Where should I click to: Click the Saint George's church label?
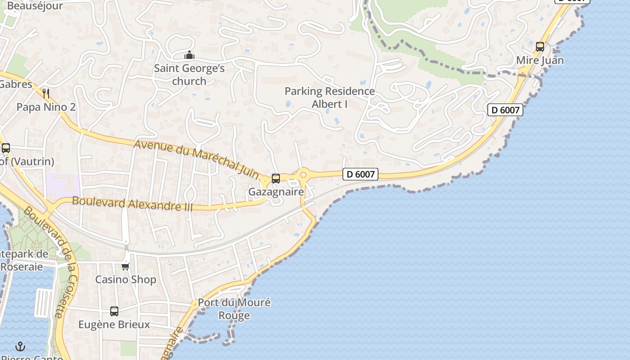coord(189,75)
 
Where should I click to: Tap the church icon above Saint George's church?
coord(189,55)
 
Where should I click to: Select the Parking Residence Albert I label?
coord(330,98)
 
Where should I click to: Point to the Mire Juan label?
coord(540,60)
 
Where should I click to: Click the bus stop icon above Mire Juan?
coord(540,46)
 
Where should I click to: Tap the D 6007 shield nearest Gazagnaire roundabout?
coord(360,174)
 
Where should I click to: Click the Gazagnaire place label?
coord(276,192)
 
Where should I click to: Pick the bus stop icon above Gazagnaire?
coord(276,178)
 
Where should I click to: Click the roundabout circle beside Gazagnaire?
coord(303,175)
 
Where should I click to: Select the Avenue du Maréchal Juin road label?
coord(197,158)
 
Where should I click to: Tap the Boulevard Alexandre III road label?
coord(132,203)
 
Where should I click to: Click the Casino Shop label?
coord(126,279)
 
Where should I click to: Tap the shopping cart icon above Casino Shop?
coord(126,266)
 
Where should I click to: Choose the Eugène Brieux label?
coord(114,324)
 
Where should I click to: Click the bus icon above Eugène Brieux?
coord(114,311)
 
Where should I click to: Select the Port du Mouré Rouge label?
coord(234,309)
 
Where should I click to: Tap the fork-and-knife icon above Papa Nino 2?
coord(45,94)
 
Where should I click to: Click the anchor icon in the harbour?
coord(20,346)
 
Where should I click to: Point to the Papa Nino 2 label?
coord(46,107)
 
